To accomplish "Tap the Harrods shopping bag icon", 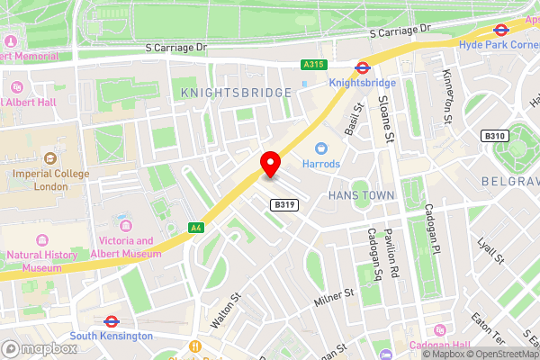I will tap(320, 148).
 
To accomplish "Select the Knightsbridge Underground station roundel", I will tap(361, 66).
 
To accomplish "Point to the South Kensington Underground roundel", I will tap(112, 319).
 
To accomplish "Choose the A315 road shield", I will tap(313, 65).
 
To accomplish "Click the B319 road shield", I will tap(283, 205).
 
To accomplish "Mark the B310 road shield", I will tap(492, 136).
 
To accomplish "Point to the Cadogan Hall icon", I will tap(438, 329).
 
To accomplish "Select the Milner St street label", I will tap(335, 292).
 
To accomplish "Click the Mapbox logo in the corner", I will tap(39, 347).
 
